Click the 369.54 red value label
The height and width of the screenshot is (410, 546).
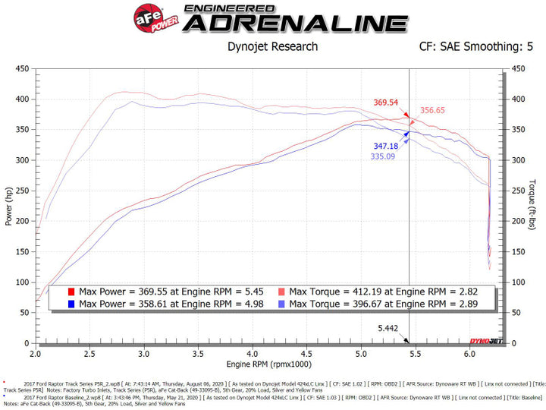click(385, 102)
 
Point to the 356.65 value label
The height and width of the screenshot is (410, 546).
click(433, 110)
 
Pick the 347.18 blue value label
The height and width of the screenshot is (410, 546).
click(385, 146)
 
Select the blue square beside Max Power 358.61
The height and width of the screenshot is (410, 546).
click(71, 304)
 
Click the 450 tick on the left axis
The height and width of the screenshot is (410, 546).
click(22, 68)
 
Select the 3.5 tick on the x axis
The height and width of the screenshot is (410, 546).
click(197, 354)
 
